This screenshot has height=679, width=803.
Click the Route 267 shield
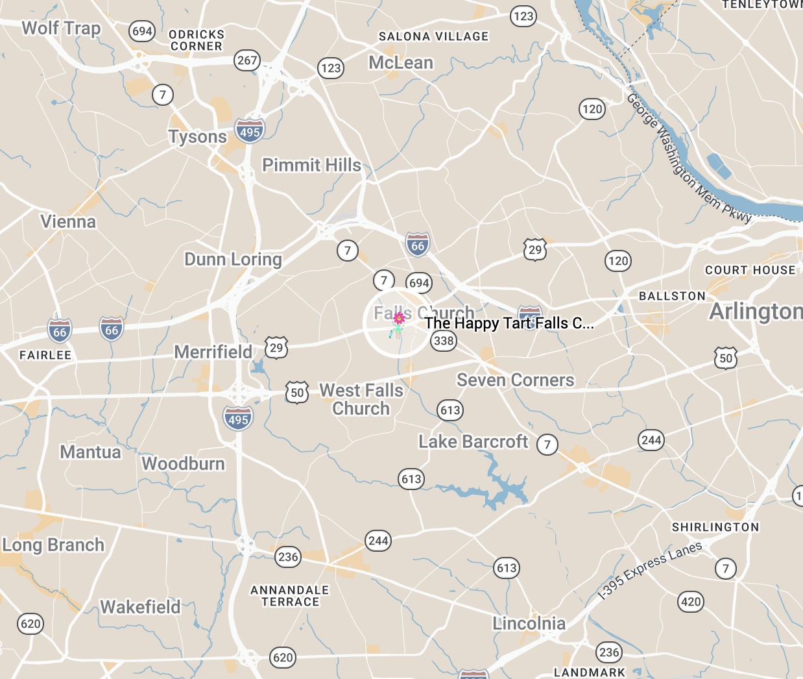247,60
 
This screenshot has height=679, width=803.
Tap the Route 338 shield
444,341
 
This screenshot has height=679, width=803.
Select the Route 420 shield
691,602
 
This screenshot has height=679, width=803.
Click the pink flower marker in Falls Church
400,318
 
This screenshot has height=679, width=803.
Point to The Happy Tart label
509,323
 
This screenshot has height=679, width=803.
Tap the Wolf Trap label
61,29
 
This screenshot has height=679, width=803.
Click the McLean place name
401,63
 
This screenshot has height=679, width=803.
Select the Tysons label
198,137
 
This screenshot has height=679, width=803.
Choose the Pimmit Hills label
311,166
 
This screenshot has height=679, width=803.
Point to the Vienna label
68,222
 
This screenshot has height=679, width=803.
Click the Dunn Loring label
233,260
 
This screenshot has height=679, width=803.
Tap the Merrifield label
213,352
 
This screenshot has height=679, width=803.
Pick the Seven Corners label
515,380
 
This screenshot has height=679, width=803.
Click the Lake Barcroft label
473,442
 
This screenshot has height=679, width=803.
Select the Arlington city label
755,312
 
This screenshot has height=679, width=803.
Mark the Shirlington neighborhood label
715,527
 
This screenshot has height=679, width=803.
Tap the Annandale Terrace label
290,596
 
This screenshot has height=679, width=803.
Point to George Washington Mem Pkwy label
688,159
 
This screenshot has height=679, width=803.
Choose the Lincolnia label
529,624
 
